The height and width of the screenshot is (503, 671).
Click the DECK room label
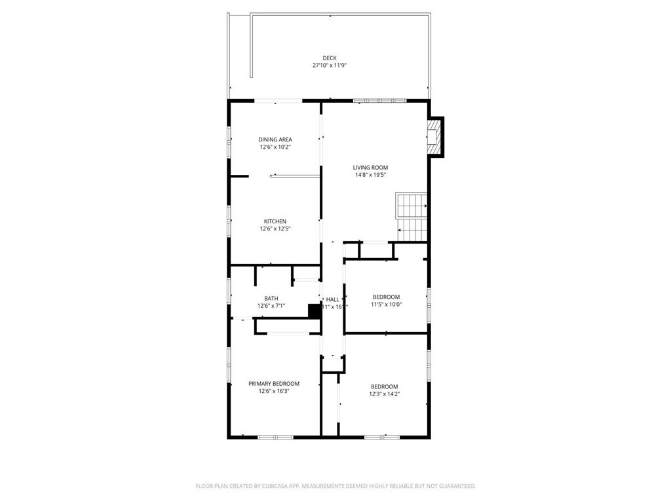pos(329,58)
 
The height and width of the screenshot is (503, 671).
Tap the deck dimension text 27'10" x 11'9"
pos(329,65)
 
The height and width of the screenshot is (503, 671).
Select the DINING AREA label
pos(275,140)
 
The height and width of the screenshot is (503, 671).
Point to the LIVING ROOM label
pos(371,167)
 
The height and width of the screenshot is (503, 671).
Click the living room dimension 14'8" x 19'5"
pos(371,175)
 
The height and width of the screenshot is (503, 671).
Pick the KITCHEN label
pos(275,221)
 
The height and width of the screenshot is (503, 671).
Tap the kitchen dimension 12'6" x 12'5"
pos(275,229)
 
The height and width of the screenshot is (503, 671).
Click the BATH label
pos(271,298)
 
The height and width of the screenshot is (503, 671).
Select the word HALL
pos(332,299)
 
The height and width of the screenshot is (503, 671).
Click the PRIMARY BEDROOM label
pos(274,384)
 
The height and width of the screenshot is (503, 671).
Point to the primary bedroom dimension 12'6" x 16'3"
pos(274,392)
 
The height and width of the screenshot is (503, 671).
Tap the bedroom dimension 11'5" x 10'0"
pos(387,305)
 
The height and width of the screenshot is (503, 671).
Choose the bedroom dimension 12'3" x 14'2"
pos(385,394)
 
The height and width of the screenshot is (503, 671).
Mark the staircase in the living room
pos(411,216)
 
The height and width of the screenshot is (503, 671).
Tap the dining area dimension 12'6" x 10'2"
pos(275,147)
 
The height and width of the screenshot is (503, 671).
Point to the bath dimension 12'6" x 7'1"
pos(271,306)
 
